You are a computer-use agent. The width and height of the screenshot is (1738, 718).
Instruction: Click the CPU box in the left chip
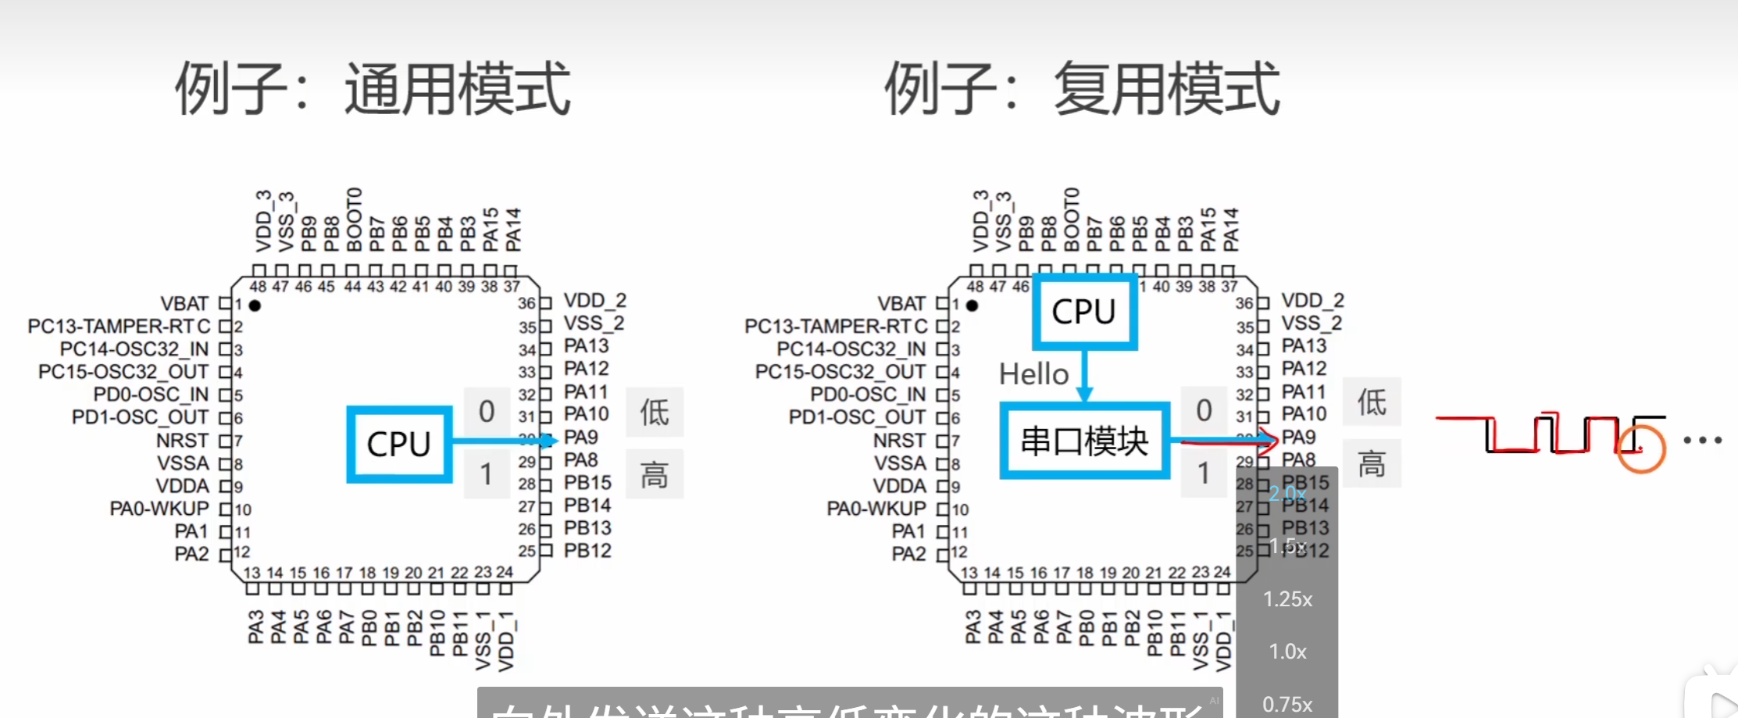tap(399, 444)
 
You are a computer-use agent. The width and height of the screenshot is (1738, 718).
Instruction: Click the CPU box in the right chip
tap(1084, 311)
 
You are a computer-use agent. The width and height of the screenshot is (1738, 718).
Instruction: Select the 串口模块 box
tap(1084, 441)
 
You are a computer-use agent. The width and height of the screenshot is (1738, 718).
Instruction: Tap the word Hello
tap(1033, 374)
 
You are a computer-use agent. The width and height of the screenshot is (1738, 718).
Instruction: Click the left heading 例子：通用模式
tap(373, 89)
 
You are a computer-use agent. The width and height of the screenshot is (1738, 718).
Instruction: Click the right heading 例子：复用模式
tap(1082, 89)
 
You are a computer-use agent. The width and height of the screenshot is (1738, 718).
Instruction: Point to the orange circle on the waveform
tap(1641, 448)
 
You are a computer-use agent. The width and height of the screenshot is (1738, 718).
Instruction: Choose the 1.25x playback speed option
tap(1287, 599)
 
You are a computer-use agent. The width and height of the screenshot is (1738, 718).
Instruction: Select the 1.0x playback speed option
tap(1287, 651)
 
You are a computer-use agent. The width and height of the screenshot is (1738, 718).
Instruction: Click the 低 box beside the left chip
tap(655, 412)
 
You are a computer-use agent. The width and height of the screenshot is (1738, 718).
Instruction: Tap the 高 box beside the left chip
tap(655, 473)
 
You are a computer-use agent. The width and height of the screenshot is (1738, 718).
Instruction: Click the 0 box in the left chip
tap(487, 411)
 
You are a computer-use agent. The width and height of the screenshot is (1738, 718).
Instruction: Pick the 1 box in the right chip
tap(1204, 473)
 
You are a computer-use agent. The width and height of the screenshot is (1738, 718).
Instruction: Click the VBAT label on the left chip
tap(184, 303)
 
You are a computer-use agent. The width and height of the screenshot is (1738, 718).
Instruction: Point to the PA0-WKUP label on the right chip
tap(876, 509)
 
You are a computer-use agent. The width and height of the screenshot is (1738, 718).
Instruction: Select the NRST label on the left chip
tap(182, 440)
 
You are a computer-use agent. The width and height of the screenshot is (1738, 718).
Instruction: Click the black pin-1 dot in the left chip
tap(255, 305)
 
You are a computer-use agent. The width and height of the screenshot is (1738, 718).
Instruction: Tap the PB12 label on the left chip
tap(587, 551)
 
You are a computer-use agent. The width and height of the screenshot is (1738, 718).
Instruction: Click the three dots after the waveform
tap(1703, 440)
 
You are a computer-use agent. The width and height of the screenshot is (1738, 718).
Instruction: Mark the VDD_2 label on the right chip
tap(1312, 301)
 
